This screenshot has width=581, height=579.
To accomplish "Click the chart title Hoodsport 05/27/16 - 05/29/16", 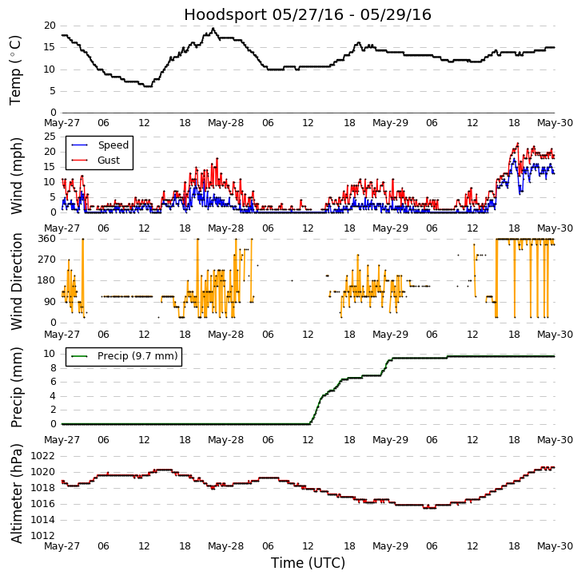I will pyautogui.click(x=308, y=14).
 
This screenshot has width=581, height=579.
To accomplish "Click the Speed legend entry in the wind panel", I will pyautogui.click(x=113, y=145).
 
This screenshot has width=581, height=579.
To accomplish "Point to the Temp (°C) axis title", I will pyautogui.click(x=16, y=69).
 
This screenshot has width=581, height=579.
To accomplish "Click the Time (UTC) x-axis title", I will pyautogui.click(x=308, y=563).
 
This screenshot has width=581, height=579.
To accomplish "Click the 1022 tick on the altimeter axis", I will pyautogui.click(x=42, y=456).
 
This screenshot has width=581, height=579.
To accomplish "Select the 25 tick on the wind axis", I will pyautogui.click(x=49, y=137).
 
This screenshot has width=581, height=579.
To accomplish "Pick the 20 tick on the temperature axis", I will pyautogui.click(x=49, y=26).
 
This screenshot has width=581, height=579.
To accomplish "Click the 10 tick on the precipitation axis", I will pyautogui.click(x=49, y=354).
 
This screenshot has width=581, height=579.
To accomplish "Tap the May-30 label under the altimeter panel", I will pyautogui.click(x=555, y=546).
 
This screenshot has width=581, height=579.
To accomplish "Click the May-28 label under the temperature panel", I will pyautogui.click(x=226, y=123).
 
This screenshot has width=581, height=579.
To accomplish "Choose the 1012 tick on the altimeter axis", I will pyautogui.click(x=42, y=536).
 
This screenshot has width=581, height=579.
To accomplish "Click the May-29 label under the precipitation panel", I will pyautogui.click(x=390, y=440).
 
